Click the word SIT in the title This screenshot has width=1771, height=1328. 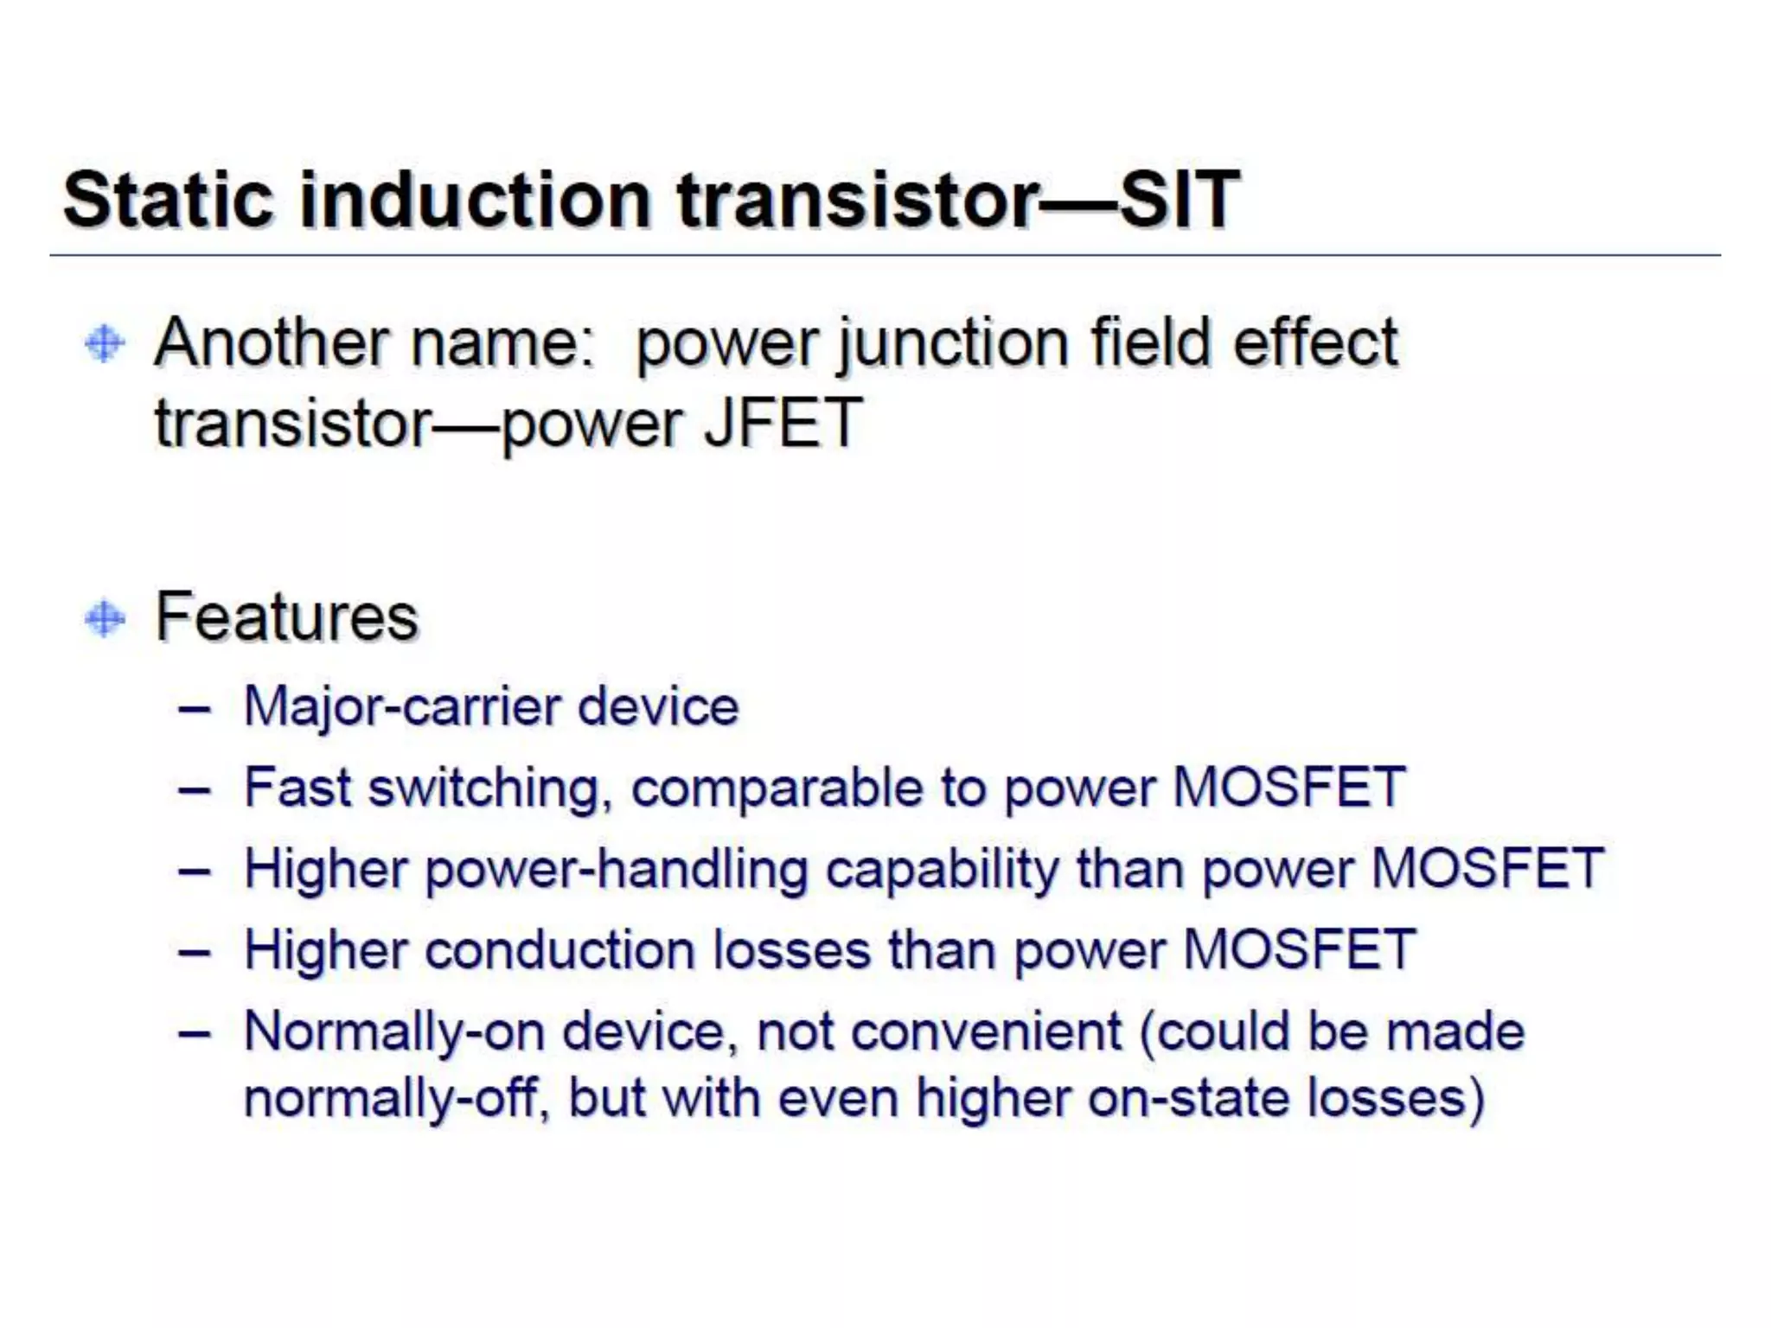pyautogui.click(x=1180, y=200)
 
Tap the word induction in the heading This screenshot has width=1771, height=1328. pyautogui.click(x=475, y=200)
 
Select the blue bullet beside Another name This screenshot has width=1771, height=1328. pyautogui.click(x=105, y=343)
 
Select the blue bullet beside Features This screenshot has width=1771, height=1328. pyautogui.click(x=105, y=618)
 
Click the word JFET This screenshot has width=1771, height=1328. pyautogui.click(x=783, y=423)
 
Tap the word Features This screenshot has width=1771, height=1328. pyautogui.click(x=286, y=617)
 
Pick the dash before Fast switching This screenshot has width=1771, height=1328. pyautogui.click(x=195, y=789)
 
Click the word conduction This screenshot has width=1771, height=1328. pyautogui.click(x=560, y=950)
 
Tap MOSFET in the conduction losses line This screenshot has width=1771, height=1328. pyautogui.click(x=1299, y=950)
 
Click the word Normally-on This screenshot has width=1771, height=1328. pyautogui.click(x=394, y=1032)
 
